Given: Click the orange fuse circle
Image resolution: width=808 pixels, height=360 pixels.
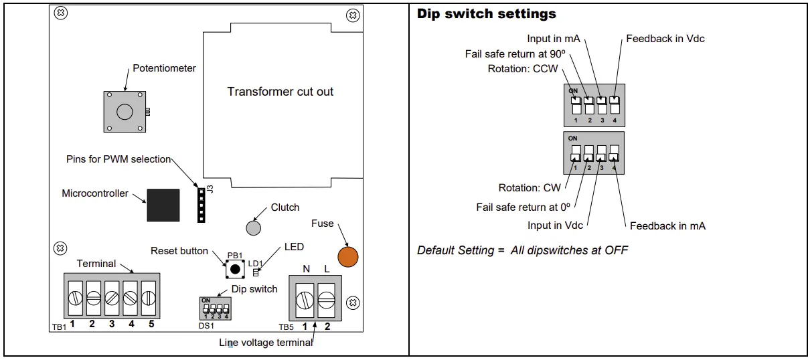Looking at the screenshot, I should pyautogui.click(x=347, y=256).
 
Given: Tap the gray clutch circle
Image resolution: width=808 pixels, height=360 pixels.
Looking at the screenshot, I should pyautogui.click(x=253, y=228).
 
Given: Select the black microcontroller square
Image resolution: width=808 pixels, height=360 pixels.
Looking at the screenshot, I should pyautogui.click(x=163, y=205).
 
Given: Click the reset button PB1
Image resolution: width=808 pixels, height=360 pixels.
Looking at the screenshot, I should pyautogui.click(x=234, y=269).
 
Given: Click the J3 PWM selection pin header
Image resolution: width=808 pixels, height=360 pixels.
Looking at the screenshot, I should pyautogui.click(x=199, y=204).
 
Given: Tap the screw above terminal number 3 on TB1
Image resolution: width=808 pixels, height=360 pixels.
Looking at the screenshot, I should pyautogui.click(x=112, y=297).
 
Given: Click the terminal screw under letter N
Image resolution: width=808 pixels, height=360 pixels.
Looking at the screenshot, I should pyautogui.click(x=305, y=299).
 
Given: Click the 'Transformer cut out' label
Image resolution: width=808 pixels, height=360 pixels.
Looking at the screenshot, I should pyautogui.click(x=280, y=92).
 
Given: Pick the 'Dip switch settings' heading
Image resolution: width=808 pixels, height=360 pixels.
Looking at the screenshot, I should pyautogui.click(x=486, y=14).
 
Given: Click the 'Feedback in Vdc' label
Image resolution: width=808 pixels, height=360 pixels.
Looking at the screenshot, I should pyautogui.click(x=665, y=39).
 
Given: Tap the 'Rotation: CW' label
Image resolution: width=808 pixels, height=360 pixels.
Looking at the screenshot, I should pyautogui.click(x=530, y=188).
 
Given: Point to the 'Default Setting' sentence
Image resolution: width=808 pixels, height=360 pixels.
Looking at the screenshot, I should pyautogui.click(x=522, y=250).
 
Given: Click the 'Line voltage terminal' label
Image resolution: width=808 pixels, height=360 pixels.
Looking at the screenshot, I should pyautogui.click(x=266, y=343).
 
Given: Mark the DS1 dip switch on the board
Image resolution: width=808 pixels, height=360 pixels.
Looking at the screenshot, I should pyautogui.click(x=215, y=308).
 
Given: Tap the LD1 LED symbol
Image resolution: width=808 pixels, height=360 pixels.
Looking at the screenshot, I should pyautogui.click(x=256, y=272).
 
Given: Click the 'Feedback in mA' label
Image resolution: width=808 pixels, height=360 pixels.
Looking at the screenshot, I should pyautogui.click(x=667, y=226).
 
